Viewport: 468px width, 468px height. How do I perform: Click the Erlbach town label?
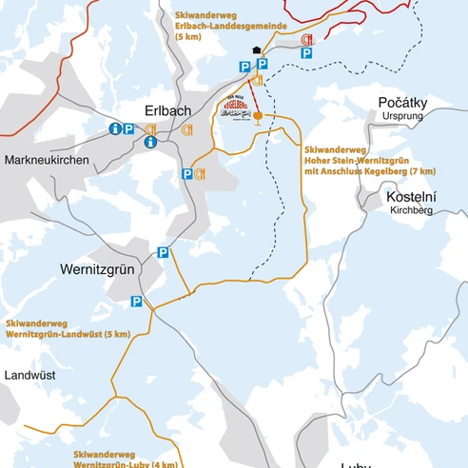point(166,109)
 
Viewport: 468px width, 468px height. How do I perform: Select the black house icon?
point(254,52)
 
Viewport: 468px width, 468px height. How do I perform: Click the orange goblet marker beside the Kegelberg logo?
point(258,115)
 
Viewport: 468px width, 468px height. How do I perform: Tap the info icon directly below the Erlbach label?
point(150,143)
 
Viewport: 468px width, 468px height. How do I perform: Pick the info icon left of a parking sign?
point(115,128)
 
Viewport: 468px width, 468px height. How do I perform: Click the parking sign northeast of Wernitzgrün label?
point(163,253)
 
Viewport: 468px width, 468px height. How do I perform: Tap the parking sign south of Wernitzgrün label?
point(136,302)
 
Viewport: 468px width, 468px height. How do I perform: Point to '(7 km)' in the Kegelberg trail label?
point(419,171)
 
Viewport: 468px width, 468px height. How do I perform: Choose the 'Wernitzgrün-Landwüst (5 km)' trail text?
point(68,335)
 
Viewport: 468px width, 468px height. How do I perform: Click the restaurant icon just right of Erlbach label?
point(188,127)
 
